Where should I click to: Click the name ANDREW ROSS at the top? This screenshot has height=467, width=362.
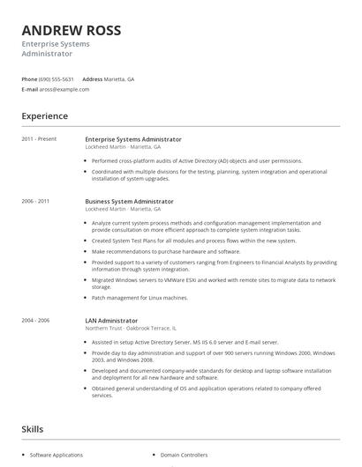[x=72, y=30]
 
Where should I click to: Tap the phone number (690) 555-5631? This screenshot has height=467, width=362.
[x=56, y=78]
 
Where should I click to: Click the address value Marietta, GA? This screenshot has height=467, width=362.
[x=119, y=78]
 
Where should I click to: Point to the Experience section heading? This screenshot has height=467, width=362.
[x=44, y=115]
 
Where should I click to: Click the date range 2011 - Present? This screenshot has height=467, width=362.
[x=39, y=139]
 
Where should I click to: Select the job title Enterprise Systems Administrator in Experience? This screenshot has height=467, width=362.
[x=133, y=139]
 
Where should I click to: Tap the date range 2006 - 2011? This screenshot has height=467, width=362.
[x=36, y=201]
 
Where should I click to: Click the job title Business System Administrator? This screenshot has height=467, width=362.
[x=129, y=201]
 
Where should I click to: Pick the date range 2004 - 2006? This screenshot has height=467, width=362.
[x=36, y=321]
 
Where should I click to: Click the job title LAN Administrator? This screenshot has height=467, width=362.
[x=111, y=321]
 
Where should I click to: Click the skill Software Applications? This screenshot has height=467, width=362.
[x=57, y=455]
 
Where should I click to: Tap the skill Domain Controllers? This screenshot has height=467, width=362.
[x=184, y=455]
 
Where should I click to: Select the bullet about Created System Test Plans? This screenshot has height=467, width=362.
[x=181, y=240]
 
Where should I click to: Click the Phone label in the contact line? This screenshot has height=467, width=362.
[x=29, y=78]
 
